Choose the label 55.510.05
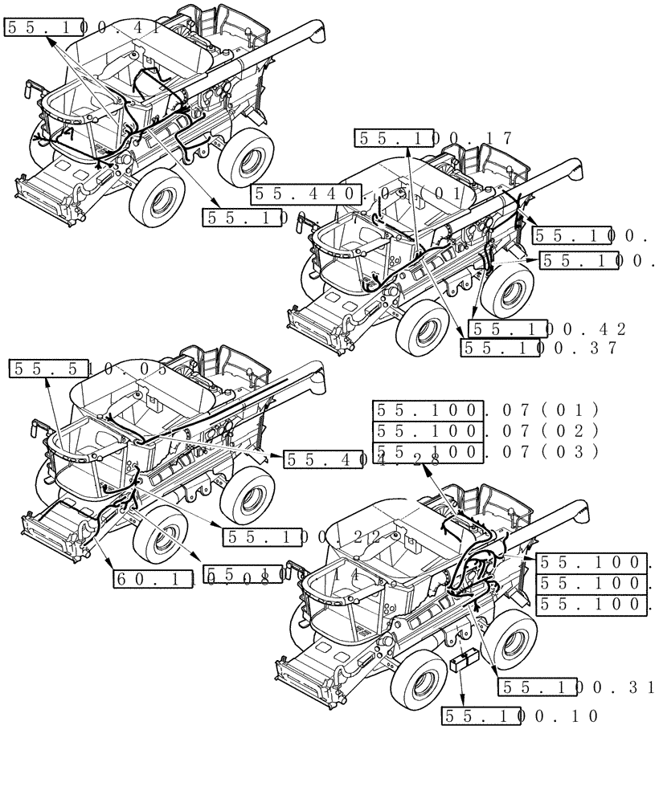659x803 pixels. click(x=88, y=369)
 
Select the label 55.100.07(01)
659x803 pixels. click(x=486, y=410)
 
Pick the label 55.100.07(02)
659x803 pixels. click(x=486, y=430)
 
